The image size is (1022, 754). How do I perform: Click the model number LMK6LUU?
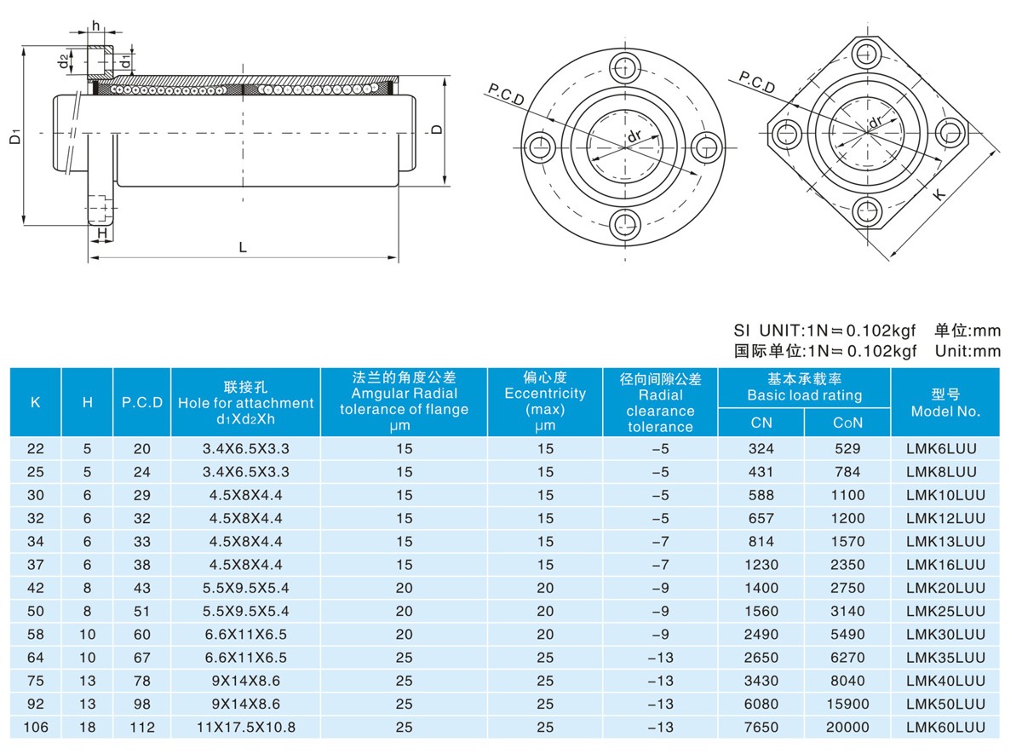click(941, 449)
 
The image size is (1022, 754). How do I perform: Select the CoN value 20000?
click(847, 728)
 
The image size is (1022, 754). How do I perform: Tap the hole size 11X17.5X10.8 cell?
click(246, 728)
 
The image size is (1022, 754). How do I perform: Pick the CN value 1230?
click(761, 565)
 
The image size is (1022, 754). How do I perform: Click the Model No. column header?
click(945, 402)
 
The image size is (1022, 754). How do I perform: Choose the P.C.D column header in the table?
click(142, 402)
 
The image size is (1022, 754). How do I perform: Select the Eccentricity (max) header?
click(545, 401)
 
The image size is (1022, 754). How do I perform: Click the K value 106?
click(36, 728)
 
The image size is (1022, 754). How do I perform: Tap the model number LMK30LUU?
click(945, 635)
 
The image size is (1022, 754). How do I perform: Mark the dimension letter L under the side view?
click(243, 247)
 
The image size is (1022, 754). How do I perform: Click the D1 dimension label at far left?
click(15, 136)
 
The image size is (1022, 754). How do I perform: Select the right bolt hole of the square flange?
click(951, 133)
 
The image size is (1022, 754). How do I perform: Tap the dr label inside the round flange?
click(634, 135)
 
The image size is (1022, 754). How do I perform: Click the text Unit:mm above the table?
click(967, 351)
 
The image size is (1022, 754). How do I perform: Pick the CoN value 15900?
click(847, 705)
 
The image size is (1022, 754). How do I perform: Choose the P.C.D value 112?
click(142, 728)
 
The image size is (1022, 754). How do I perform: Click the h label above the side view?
click(95, 26)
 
